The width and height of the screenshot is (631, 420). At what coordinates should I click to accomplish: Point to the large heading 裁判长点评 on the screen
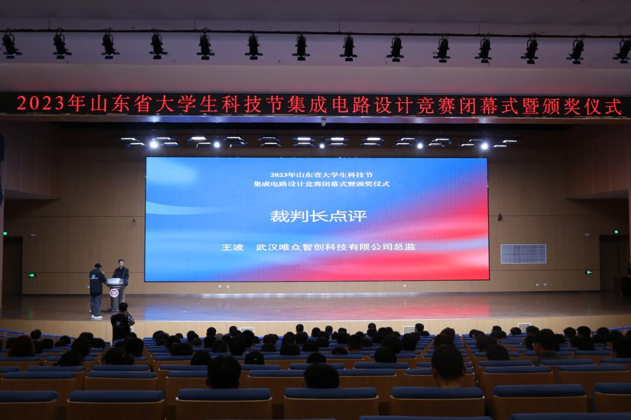319,216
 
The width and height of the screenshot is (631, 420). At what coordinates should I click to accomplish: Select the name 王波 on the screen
232,247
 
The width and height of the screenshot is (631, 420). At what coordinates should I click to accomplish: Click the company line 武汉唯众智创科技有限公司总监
336,246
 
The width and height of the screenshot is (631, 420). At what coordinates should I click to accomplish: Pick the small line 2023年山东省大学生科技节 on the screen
321,175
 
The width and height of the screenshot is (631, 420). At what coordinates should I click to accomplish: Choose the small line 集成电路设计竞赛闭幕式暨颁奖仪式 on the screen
322,184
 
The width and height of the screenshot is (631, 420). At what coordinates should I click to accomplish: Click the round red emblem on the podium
114,293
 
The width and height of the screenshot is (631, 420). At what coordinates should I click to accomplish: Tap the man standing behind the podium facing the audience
121,275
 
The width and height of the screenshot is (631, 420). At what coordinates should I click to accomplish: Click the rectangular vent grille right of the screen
523,254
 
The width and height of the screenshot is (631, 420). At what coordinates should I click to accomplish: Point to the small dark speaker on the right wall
500,217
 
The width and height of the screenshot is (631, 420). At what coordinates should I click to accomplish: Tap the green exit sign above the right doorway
616,232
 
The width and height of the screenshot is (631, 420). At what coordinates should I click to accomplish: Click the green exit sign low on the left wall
31,275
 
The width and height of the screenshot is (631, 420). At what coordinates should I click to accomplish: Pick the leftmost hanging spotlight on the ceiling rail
10,45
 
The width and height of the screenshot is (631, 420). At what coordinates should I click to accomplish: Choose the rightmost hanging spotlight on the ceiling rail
623,50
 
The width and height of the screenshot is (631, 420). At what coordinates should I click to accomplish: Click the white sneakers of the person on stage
97,317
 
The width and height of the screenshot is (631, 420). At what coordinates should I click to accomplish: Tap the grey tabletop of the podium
115,281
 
